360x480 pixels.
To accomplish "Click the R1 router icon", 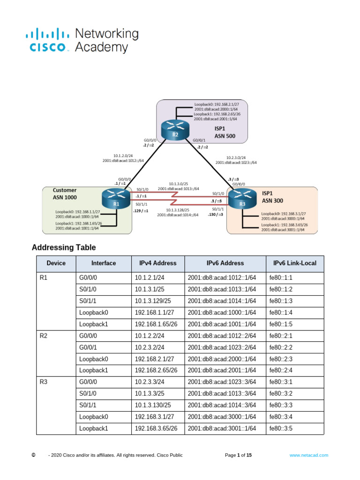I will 115,199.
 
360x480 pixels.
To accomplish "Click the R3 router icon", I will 242,199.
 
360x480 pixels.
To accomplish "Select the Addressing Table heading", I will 63,247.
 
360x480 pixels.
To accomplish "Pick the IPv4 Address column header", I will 157,263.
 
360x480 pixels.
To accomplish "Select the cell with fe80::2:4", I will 280,370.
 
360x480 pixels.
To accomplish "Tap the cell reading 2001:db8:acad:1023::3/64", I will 222,382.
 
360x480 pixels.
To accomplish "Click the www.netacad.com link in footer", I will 308,455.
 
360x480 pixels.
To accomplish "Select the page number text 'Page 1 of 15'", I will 238,455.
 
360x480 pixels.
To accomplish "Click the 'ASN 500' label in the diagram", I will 225,137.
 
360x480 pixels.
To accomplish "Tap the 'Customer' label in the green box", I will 64,191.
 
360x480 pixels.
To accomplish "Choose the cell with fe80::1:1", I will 280,277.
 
